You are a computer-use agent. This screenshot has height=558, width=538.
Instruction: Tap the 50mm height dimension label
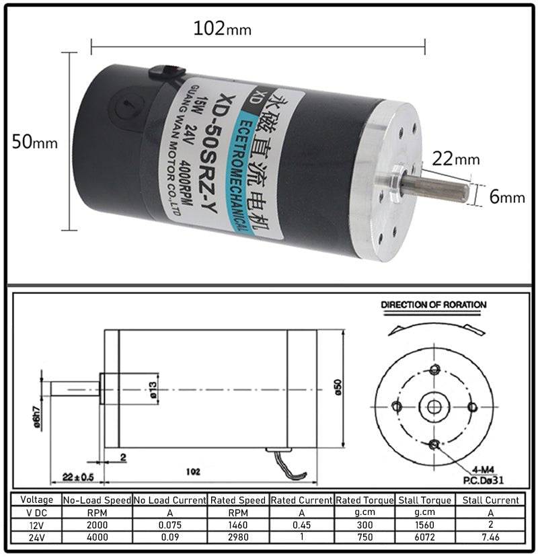click(x=35, y=143)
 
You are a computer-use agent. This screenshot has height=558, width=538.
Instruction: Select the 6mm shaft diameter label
click(x=506, y=196)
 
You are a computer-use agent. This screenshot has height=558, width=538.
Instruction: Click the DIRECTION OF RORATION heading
click(x=433, y=305)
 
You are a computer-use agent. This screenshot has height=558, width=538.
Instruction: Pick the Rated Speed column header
click(x=239, y=500)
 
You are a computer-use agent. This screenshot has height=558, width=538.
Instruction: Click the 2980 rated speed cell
click(x=239, y=538)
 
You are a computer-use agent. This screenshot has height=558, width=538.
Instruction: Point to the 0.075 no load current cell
click(x=169, y=525)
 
